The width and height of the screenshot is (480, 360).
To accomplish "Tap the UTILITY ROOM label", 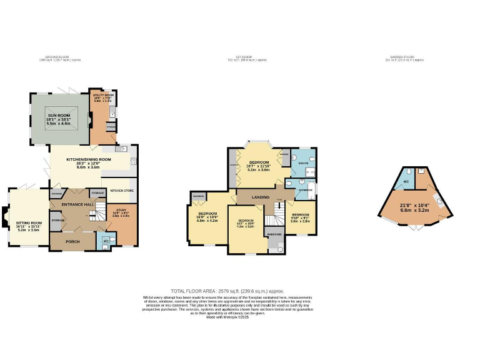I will point(102,96).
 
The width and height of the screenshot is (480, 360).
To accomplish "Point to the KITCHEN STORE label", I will point(122,190).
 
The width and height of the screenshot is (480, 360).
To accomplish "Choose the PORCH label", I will point(73,240).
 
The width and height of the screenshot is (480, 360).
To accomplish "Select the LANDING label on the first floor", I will point(261,197).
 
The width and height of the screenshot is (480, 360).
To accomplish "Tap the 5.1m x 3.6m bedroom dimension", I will point(258,169).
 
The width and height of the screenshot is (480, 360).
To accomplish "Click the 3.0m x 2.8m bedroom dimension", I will point(301,221).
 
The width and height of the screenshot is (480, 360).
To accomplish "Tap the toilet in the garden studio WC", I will point(407,172).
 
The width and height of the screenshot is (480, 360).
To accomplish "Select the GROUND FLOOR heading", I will point(60,57).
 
